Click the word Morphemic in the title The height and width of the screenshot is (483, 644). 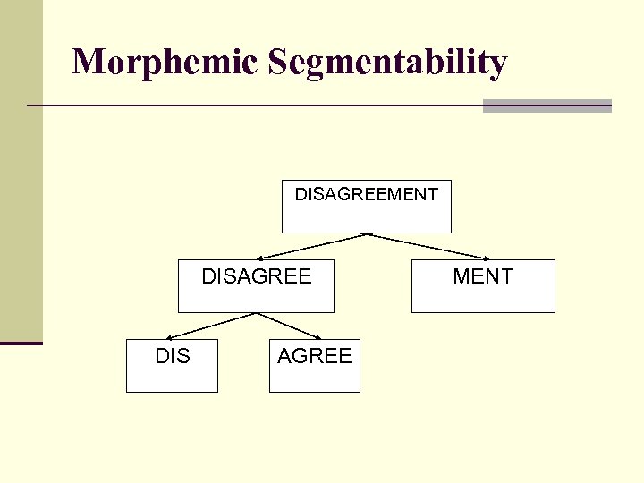pos(165,63)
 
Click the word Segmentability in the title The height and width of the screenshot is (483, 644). pos(387,63)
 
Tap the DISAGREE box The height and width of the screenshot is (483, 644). pos(256,297)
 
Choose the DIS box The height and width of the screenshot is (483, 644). pos(172,377)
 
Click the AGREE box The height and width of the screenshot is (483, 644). pos(315,377)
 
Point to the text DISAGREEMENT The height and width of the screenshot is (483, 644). pos(367,194)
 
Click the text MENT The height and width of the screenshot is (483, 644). pos(483,276)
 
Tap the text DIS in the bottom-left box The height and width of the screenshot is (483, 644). pos(173,356)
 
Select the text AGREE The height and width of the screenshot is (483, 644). pos(315,356)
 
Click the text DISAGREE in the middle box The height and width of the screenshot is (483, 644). pos(257,276)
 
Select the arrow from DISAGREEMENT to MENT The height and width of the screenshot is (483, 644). pos(429,247)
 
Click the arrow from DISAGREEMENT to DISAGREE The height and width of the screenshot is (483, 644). pos(313,246)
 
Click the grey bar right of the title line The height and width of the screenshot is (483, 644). pos(547,106)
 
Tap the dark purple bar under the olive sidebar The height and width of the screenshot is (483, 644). pos(21,343)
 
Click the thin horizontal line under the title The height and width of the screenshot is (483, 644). pos(250,106)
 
